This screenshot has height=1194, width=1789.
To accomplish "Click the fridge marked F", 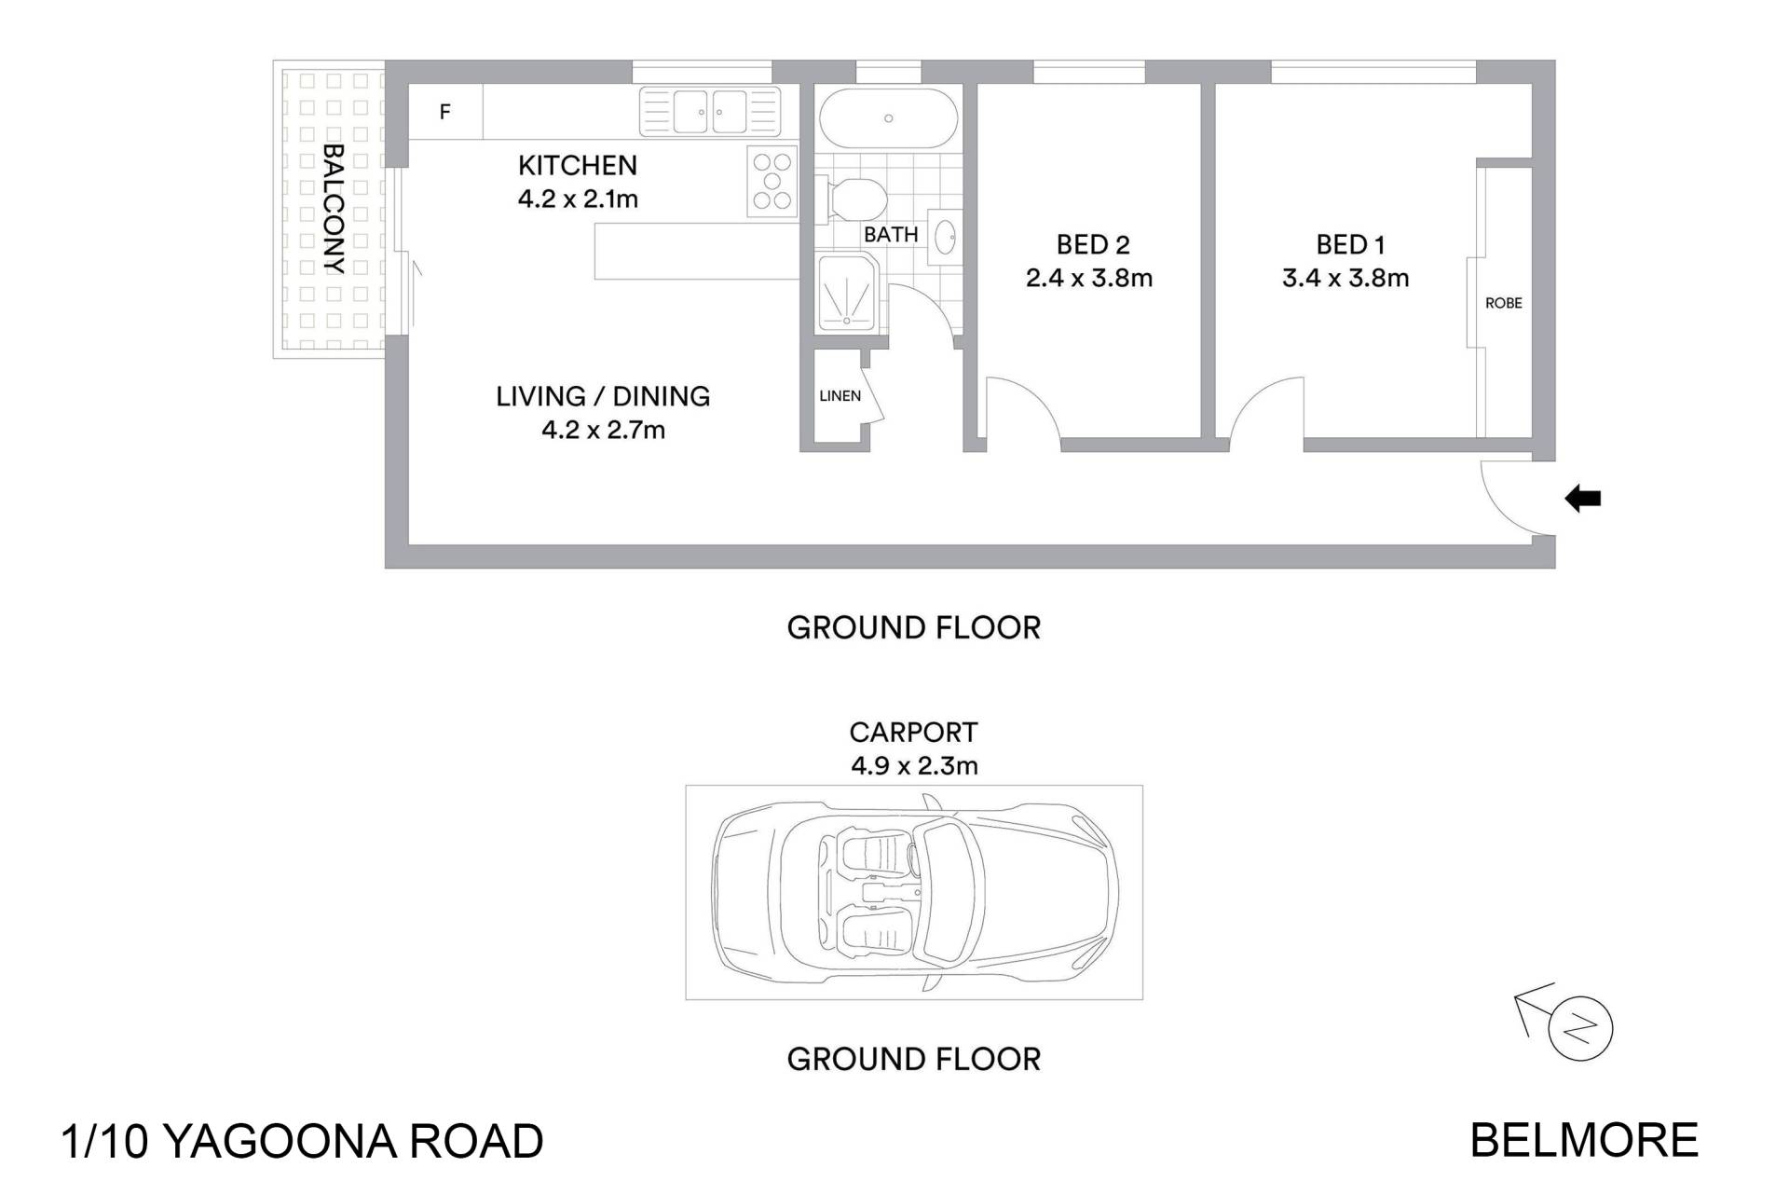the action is pos(445,112).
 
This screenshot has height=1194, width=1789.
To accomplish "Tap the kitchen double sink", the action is pos(709,112).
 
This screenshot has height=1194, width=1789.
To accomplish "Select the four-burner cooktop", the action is pos(772,182).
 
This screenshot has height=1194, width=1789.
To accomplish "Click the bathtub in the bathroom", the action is pos(888,118).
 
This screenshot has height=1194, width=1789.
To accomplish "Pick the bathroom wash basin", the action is pos(945,237).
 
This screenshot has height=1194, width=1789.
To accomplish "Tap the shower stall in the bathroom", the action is pos(847,295).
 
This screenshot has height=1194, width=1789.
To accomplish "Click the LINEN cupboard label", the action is pos(840,396).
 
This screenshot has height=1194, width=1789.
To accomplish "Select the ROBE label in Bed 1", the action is pos(1503,303).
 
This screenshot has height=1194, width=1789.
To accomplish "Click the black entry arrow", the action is pos(1582,499).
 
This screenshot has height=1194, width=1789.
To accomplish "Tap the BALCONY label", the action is pos(333,209).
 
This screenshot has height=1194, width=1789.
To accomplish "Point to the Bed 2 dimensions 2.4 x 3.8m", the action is pos(1089,278).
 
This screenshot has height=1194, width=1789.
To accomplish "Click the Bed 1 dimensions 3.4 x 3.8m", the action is pos(1345,278).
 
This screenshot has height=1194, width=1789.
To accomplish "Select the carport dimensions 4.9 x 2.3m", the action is pos(914,766).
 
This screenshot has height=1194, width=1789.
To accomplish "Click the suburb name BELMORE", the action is pos(1584,1141).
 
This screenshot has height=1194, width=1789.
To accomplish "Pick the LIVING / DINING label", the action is pos(603,396).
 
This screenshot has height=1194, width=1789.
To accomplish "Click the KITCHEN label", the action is pos(578,165).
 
